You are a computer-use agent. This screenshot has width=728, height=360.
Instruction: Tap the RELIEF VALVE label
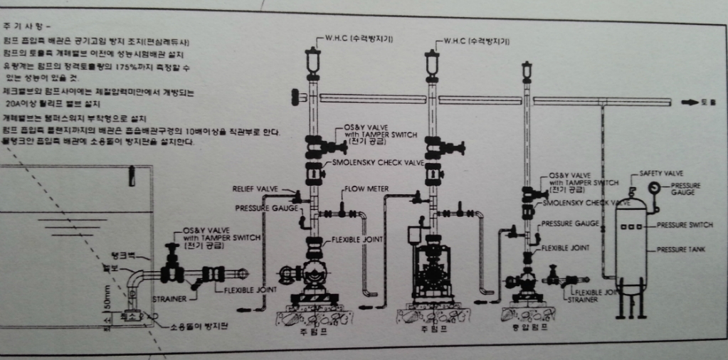coord(254,189)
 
